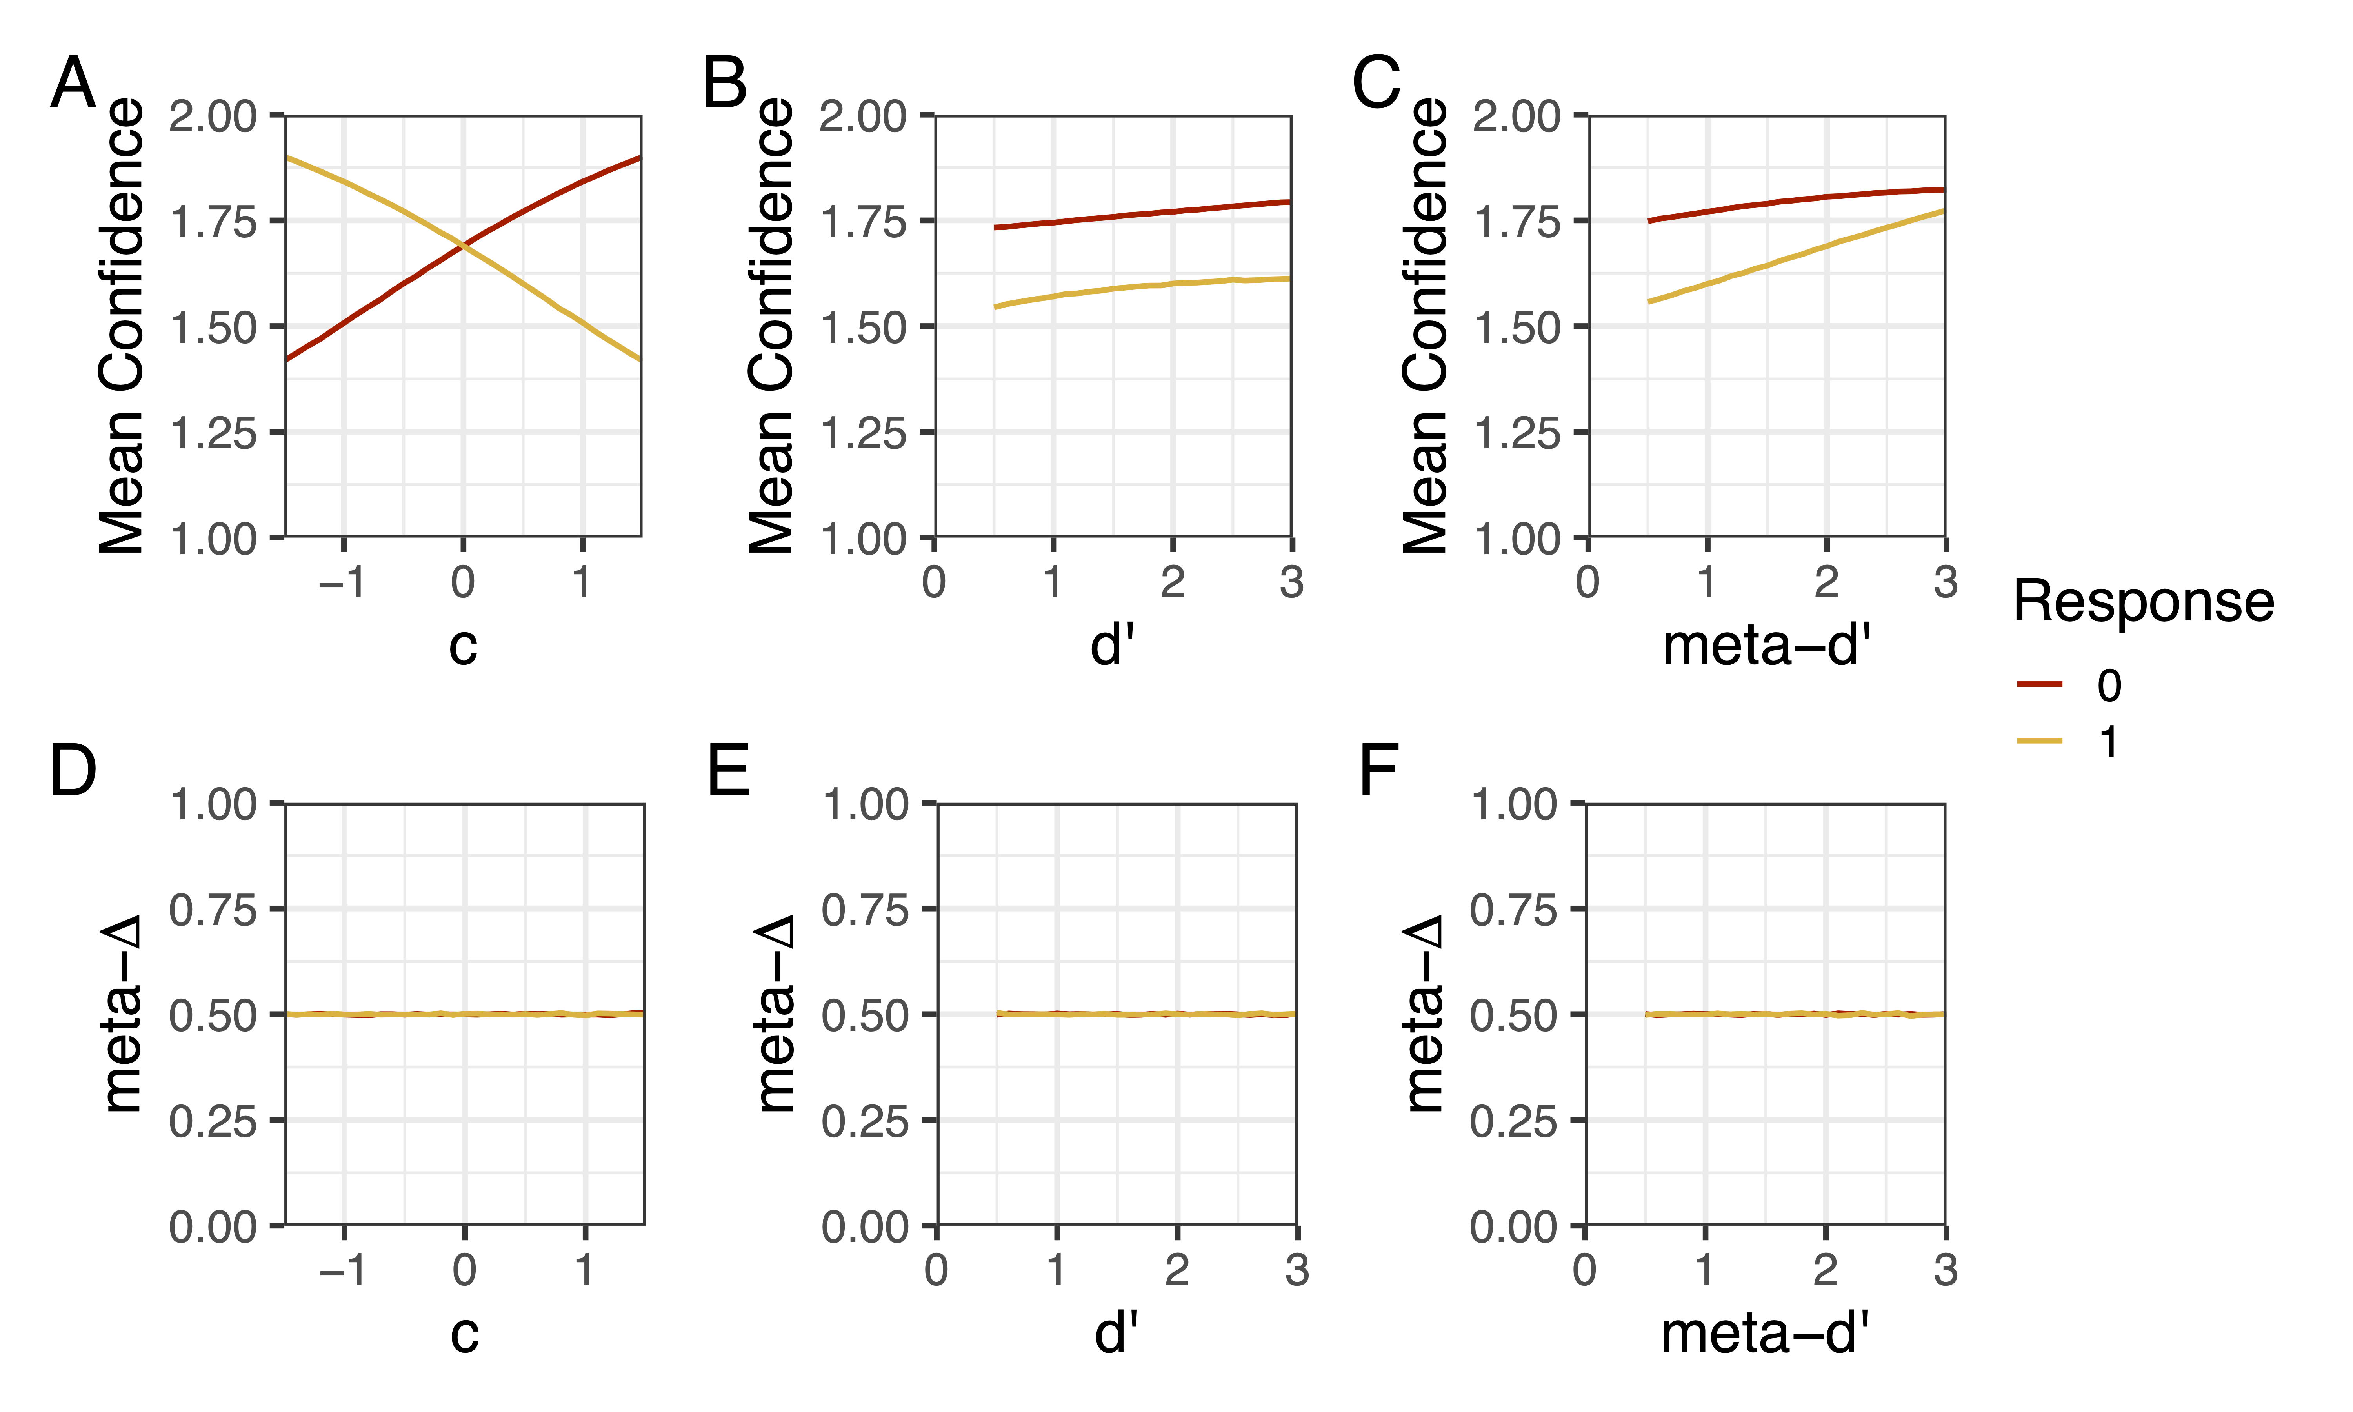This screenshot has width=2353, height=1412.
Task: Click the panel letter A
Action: point(73,84)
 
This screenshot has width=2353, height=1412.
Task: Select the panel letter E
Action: point(729,771)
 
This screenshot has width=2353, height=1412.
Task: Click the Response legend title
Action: point(2143,602)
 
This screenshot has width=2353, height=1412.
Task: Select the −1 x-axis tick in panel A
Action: point(342,581)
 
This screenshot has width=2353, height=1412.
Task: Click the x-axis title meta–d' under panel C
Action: point(1766,646)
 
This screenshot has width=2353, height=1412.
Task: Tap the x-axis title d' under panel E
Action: point(1116,1333)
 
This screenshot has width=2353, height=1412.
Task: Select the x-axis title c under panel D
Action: point(464,1333)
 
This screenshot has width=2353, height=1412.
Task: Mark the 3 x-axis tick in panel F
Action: point(1945,1269)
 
